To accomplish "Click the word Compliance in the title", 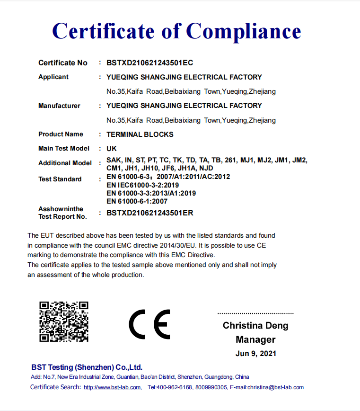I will pyautogui.click(x=244, y=31).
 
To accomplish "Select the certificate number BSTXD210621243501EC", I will pyautogui.click(x=149, y=63).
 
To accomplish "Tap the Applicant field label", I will pyautogui.click(x=53, y=77).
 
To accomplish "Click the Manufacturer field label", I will pyautogui.click(x=59, y=106).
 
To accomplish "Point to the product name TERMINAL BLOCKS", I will pyautogui.click(x=140, y=134).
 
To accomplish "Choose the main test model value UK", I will pyautogui.click(x=112, y=148).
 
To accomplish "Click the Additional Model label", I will pyautogui.click(x=65, y=163).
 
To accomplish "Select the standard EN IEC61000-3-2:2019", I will pyautogui.click(x=142, y=185).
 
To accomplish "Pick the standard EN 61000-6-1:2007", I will pyautogui.click(x=137, y=201).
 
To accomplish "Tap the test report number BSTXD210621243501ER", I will pyautogui.click(x=150, y=213).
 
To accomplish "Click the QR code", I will pyautogui.click(x=64, y=322).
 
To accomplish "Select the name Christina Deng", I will pyautogui.click(x=255, y=326).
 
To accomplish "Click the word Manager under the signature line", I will pyautogui.click(x=255, y=340).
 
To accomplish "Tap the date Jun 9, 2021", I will pyautogui.click(x=255, y=353).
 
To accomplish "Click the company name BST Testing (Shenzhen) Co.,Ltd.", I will pyautogui.click(x=87, y=367).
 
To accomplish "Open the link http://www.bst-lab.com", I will pyautogui.click(x=112, y=387).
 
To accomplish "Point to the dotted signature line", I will pyautogui.click(x=255, y=313).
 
